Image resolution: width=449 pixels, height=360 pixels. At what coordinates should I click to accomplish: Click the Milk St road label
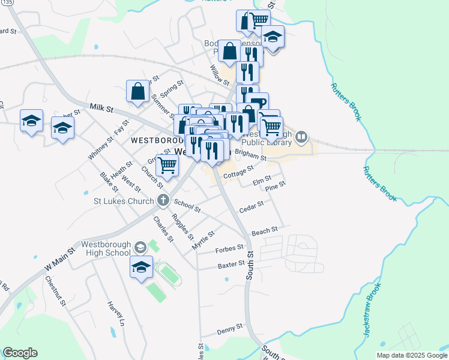coord(101,107)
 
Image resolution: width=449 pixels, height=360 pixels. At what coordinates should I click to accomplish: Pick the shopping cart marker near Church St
coord(167,164)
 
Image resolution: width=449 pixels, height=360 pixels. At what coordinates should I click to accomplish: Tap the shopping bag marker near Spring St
coord(137,92)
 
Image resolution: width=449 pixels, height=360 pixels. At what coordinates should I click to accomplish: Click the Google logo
coord(20,353)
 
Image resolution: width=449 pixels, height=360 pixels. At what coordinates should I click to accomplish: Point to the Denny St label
coord(229,328)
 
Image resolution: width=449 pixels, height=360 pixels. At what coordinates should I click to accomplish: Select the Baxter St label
coord(231,264)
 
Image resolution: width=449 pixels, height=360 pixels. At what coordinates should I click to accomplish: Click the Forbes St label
coord(229,248)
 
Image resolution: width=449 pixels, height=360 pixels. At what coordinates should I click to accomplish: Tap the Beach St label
coord(265,231)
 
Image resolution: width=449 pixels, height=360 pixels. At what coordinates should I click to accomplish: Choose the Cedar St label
coord(252,206)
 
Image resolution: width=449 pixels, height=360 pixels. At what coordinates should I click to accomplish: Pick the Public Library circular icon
coord(301,139)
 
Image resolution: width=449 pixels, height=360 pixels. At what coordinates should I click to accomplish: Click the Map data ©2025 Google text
coord(411,355)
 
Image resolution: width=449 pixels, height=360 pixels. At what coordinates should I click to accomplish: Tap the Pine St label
coord(275,187)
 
